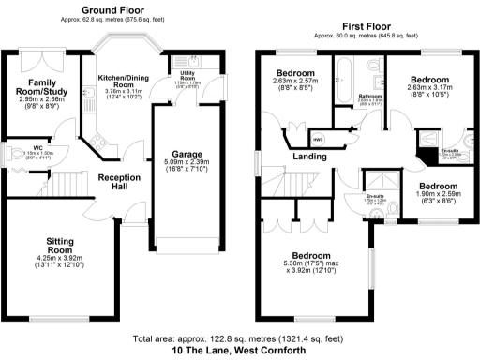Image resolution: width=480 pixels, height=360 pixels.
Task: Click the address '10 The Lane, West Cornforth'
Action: tap(239, 351)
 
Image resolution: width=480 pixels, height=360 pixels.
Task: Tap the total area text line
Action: tap(239, 338)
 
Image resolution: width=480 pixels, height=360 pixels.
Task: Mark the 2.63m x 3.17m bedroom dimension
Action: tap(427, 91)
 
